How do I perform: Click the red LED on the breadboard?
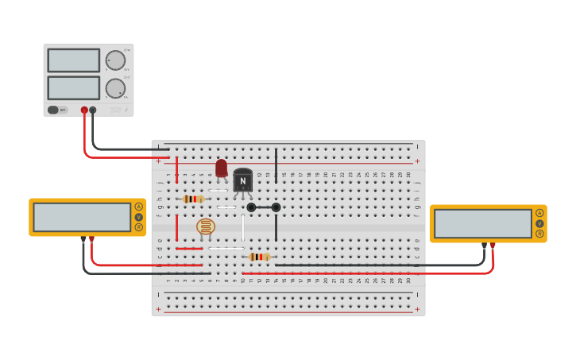[x=221, y=168]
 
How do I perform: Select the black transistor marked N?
[x=243, y=180]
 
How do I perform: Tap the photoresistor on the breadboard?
[x=206, y=227]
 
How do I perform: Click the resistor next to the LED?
[x=193, y=199]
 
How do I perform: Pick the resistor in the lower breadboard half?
[x=259, y=257]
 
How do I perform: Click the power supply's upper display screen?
[x=73, y=60]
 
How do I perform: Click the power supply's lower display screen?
[x=73, y=87]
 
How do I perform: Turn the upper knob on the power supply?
[x=116, y=60]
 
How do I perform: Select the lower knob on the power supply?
[x=116, y=88]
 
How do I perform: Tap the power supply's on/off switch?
[x=53, y=110]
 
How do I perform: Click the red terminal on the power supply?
[x=84, y=110]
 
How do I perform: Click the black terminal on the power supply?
[x=93, y=110]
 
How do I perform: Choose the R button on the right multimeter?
[x=539, y=234]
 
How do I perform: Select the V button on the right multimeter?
[x=539, y=223]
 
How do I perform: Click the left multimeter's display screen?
[x=82, y=217]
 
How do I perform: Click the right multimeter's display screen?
[x=483, y=223]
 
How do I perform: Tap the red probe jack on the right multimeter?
[x=493, y=245]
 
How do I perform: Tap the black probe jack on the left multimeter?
[x=83, y=238]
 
